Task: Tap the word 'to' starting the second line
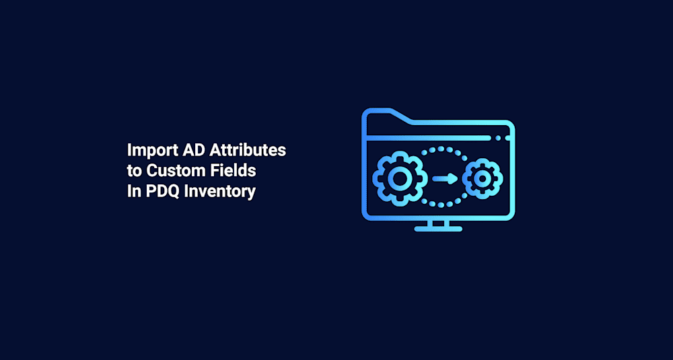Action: (x=135, y=171)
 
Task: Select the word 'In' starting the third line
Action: (x=133, y=191)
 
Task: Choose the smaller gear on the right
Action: (x=483, y=178)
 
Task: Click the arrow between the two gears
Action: (x=445, y=178)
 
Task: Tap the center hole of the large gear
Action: (x=398, y=178)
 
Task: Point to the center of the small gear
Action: (x=483, y=178)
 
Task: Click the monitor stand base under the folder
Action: (x=438, y=229)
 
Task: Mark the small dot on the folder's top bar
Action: (x=498, y=137)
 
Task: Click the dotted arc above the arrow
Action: (x=440, y=149)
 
